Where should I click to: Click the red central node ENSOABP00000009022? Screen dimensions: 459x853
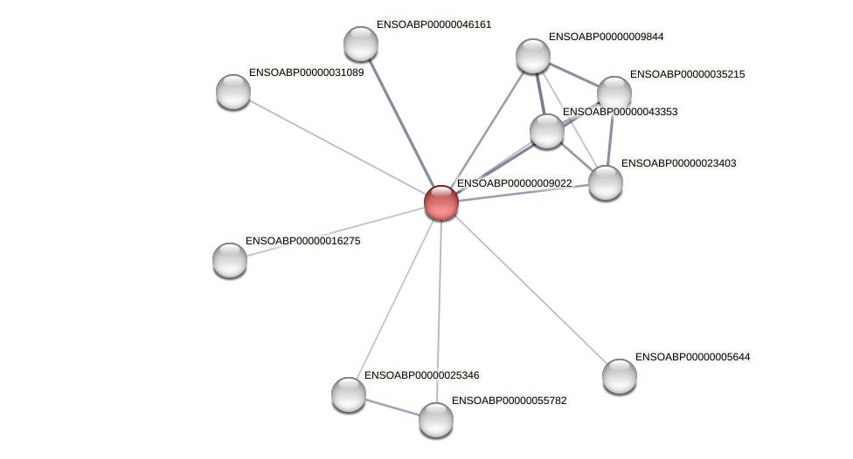pos(441,202)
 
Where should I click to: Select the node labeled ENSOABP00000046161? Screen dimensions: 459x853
pos(361,44)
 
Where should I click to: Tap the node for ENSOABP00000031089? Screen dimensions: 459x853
pos(233,92)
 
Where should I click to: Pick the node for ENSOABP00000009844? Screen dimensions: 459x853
pos(533,56)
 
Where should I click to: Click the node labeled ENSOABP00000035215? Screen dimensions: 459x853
pos(614,93)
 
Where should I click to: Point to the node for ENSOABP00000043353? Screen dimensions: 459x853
pos(547,131)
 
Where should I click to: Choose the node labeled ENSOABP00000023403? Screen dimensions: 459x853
pos(606,182)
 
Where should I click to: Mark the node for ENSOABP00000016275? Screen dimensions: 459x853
pos(230,259)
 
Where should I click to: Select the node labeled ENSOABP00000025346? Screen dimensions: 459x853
pos(349,394)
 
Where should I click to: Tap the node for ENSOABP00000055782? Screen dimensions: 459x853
pos(436,420)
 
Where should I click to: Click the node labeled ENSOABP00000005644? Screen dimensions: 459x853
pos(620,376)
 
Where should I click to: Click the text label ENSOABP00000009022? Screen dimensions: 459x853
pos(514,183)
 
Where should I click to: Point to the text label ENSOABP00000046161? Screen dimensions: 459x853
pos(433,24)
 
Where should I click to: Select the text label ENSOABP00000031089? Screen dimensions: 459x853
pos(306,72)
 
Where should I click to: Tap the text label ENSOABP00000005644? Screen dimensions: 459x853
pos(692,357)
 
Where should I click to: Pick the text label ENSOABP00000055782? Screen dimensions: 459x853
pos(510,401)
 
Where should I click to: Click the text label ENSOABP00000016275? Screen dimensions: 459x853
pos(302,241)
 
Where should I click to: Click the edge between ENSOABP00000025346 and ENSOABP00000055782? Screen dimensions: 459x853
pos(392,407)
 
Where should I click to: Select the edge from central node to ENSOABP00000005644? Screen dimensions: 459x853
pos(531,289)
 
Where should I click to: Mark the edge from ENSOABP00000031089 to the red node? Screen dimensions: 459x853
pos(337,147)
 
